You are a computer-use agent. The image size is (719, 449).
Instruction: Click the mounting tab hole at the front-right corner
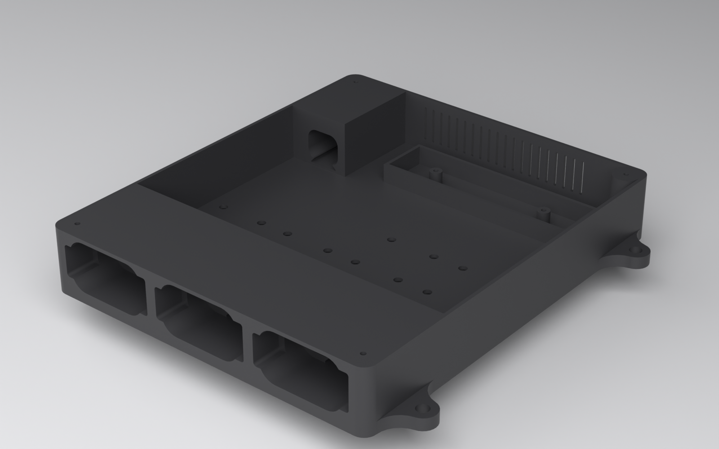422,409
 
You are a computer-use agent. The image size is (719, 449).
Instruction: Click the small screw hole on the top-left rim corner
77,224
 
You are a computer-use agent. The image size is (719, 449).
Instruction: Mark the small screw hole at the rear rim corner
355,83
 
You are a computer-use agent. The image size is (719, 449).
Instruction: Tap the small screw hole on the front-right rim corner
363,354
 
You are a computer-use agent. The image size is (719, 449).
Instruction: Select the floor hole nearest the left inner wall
222,207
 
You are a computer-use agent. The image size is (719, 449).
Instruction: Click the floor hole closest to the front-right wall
427,292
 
